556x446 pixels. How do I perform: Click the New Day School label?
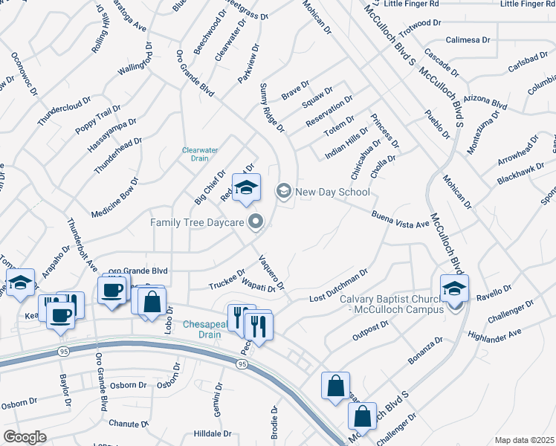click(x=332, y=192)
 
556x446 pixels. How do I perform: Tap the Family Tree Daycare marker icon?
click(x=256, y=221)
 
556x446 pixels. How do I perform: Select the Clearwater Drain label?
click(x=201, y=154)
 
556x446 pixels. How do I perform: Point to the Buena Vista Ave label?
click(x=401, y=219)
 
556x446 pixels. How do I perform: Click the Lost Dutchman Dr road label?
click(x=338, y=286)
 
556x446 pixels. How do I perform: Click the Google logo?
click(x=25, y=437)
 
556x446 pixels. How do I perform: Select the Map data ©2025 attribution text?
click(x=523, y=440)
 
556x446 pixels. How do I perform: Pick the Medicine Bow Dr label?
click(x=114, y=198)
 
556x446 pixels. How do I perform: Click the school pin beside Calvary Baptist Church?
click(x=454, y=288)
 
